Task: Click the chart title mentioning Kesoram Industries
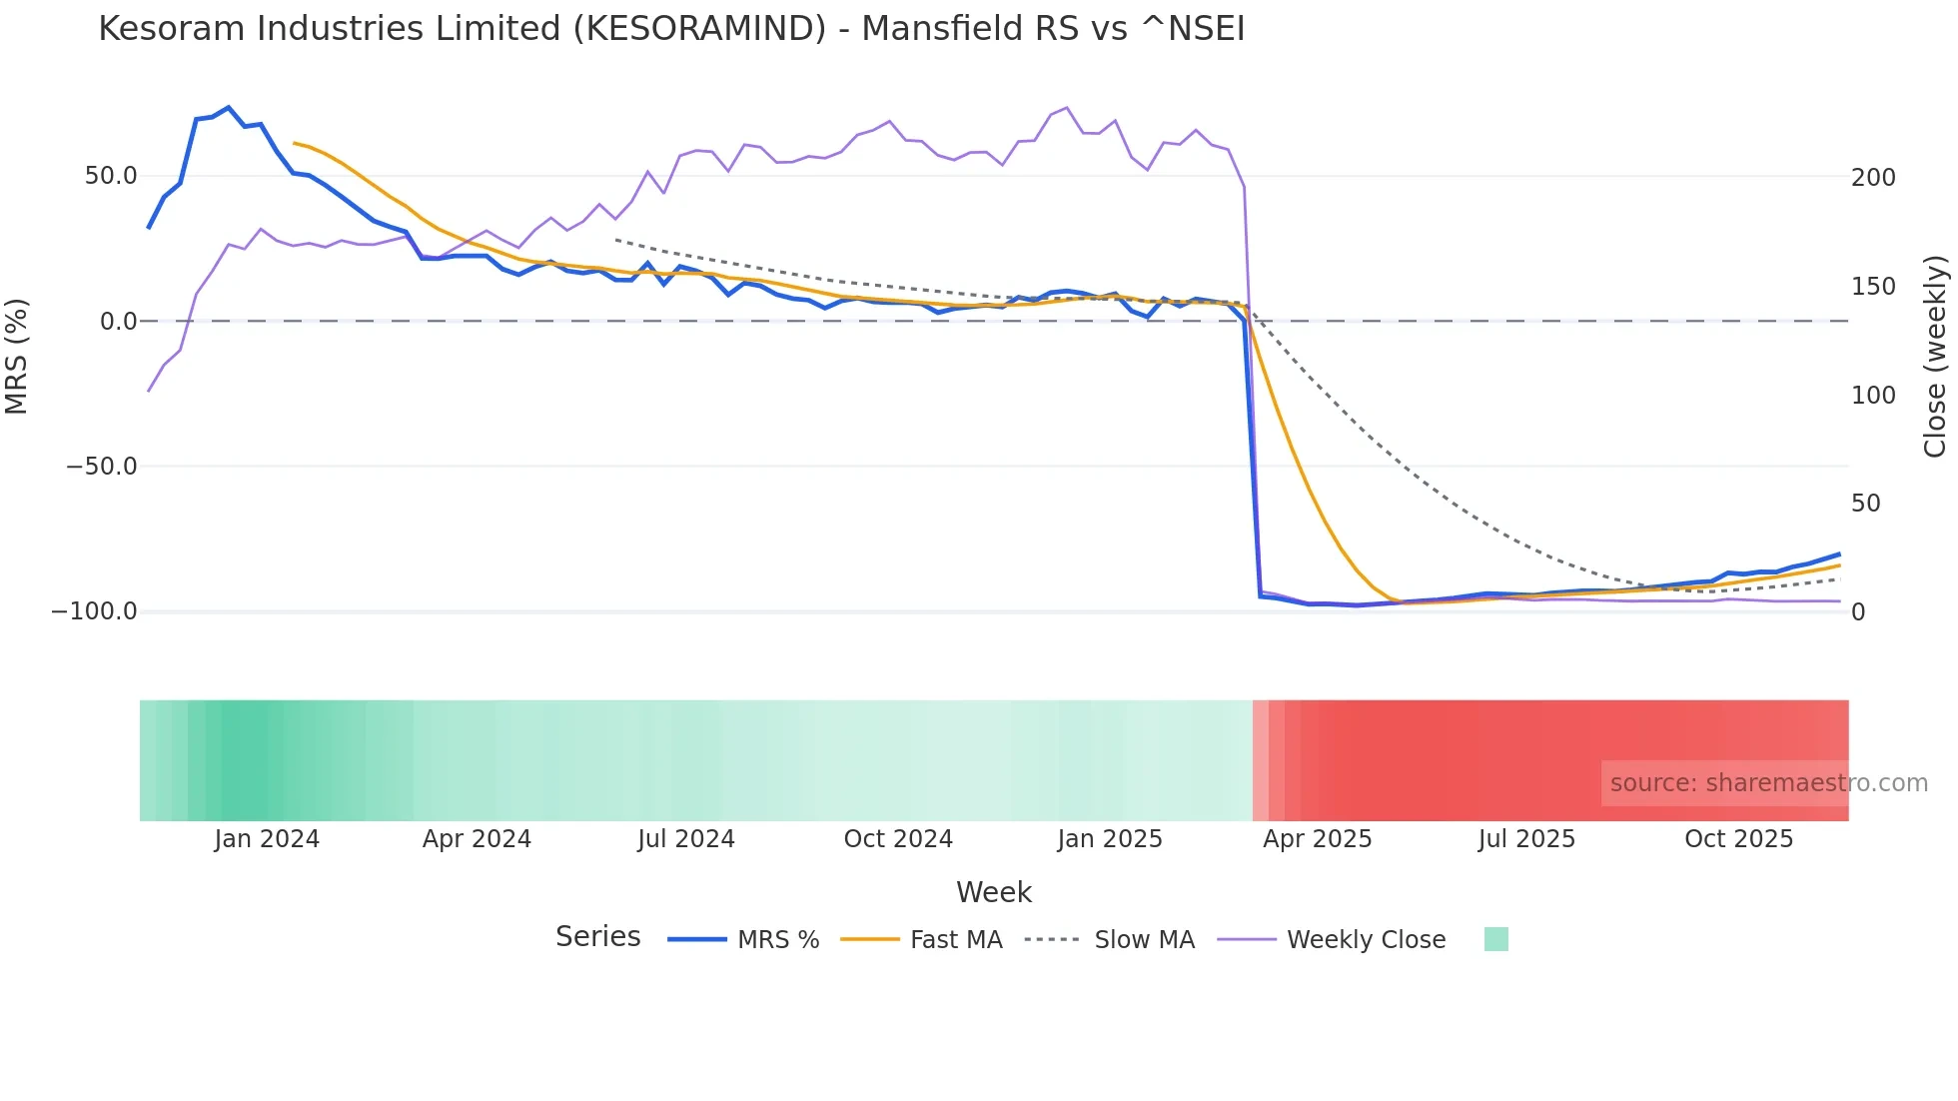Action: [671, 29]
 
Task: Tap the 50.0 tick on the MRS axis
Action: [111, 176]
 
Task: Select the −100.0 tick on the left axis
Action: [95, 611]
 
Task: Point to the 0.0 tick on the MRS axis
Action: [118, 322]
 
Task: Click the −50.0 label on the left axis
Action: [102, 467]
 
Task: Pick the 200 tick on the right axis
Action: [1873, 178]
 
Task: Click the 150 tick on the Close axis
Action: [1873, 287]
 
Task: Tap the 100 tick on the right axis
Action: [1873, 396]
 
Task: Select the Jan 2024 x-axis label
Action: [267, 839]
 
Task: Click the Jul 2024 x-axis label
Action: [686, 839]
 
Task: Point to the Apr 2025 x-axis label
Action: [1317, 839]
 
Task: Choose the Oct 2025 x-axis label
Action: [1738, 839]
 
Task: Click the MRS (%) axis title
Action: [17, 357]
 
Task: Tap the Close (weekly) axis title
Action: [1935, 357]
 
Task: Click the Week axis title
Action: [994, 892]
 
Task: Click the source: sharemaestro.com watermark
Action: [1768, 783]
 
